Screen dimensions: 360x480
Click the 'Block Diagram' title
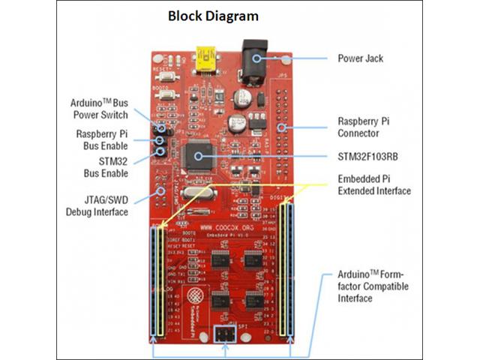[213, 16]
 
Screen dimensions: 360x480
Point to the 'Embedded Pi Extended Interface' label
[373, 185]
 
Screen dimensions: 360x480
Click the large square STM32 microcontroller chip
[199, 156]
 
